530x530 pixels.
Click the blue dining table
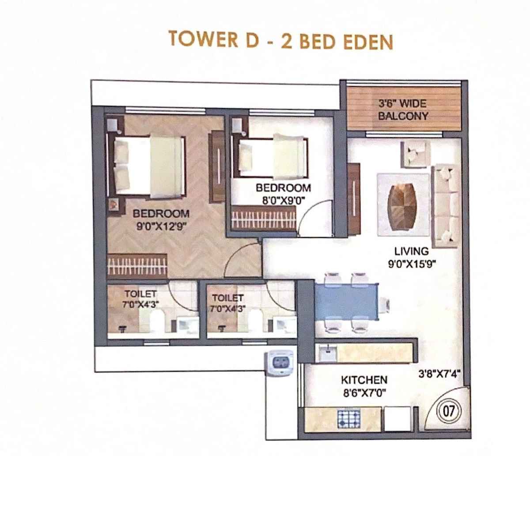coord(346,302)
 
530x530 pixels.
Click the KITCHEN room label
coord(364,380)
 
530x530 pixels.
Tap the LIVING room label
coord(411,251)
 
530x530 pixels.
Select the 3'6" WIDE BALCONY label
coord(403,110)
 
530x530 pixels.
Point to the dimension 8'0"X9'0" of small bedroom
coord(284,200)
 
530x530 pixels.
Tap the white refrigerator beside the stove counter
coord(397,418)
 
